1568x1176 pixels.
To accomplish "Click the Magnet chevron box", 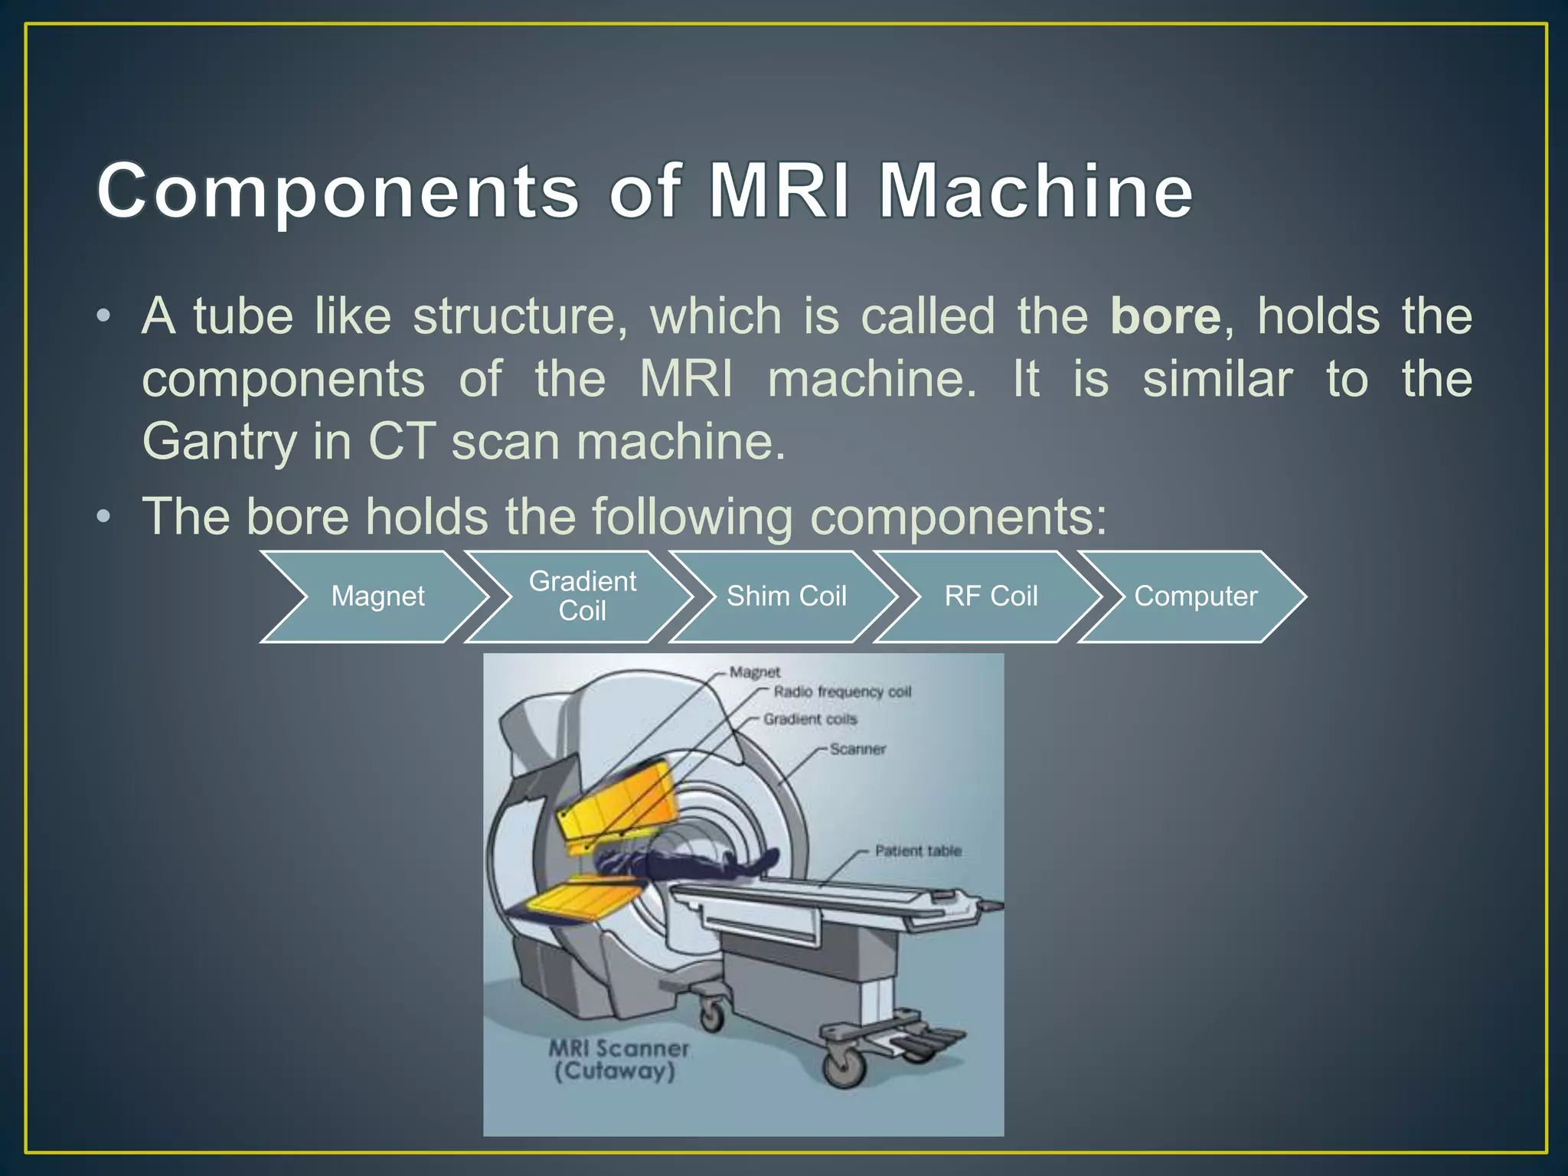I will [x=377, y=596].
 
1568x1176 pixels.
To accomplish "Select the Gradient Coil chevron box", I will [x=582, y=596].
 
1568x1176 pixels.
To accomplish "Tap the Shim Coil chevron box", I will [x=786, y=596].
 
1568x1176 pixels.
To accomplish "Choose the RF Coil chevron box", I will [x=991, y=596].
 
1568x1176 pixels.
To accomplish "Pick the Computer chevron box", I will [x=1195, y=596].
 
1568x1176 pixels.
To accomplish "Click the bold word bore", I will [x=1165, y=316].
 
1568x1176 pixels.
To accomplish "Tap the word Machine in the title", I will [x=1035, y=191].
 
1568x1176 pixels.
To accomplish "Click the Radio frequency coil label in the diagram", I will [x=842, y=692].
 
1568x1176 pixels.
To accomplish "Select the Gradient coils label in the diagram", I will [x=810, y=719].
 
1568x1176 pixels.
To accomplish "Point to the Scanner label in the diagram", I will [x=857, y=750].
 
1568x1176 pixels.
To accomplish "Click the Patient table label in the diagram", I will [x=918, y=851].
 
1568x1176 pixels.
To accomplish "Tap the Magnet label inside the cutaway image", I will [x=755, y=672].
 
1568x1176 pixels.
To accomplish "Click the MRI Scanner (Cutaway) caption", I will [x=618, y=1060].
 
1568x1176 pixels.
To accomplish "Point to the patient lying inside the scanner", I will [x=689, y=865].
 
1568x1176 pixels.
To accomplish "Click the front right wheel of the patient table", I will [x=843, y=1064].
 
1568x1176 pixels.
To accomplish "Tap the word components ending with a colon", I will [x=958, y=517].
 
